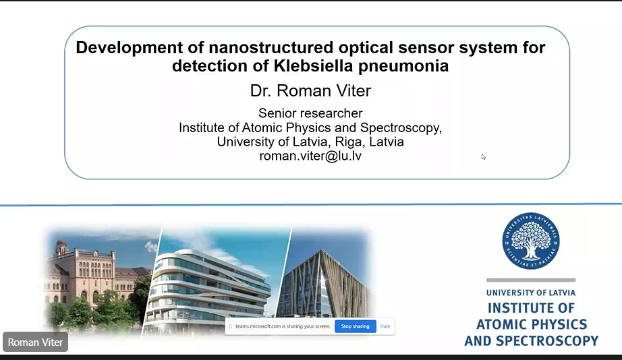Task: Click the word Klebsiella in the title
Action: pyautogui.click(x=313, y=66)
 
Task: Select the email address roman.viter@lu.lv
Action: pyautogui.click(x=310, y=156)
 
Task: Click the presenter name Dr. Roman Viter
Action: pyautogui.click(x=310, y=91)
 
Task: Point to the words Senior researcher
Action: pyautogui.click(x=310, y=113)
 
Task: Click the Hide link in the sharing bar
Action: pyautogui.click(x=385, y=326)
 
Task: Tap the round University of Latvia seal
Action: pyautogui.click(x=531, y=241)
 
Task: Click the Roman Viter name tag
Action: pyautogui.click(x=35, y=342)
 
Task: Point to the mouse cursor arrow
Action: pyautogui.click(x=483, y=156)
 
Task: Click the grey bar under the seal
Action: pyautogui.click(x=531, y=280)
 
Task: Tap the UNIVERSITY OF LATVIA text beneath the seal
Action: pyautogui.click(x=531, y=293)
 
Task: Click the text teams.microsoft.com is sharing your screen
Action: pyautogui.click(x=283, y=326)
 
